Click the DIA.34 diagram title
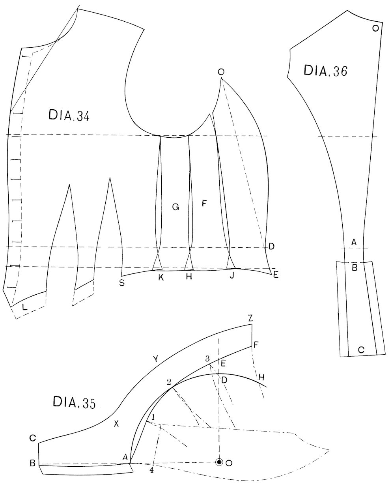coord(69,116)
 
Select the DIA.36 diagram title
coord(325,70)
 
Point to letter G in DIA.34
coord(176,207)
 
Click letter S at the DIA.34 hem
coord(122,283)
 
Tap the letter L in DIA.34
coord(25,307)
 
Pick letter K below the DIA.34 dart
coord(161,277)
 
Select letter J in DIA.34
coord(231,277)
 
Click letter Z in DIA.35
coord(250,319)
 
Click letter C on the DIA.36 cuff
coord(361,350)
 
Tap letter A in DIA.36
coord(354,242)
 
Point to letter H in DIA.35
coord(261,378)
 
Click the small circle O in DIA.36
coord(375,28)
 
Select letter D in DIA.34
coord(271,246)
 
